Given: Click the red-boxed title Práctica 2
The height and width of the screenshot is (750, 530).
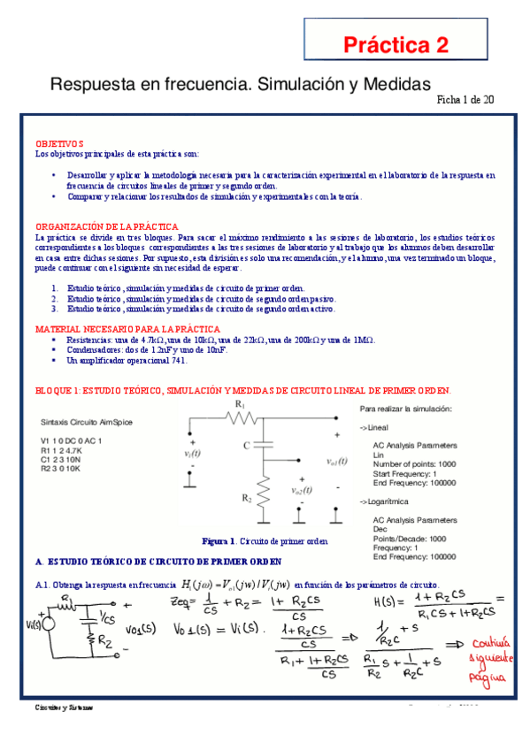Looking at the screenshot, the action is pyautogui.click(x=396, y=45).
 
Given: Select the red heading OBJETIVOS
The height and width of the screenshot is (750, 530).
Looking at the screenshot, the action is pyautogui.click(x=59, y=143).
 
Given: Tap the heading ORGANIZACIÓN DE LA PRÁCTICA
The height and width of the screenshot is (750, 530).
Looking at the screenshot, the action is pyautogui.click(x=107, y=227).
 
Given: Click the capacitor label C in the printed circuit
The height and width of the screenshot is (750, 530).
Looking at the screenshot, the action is pyautogui.click(x=246, y=445).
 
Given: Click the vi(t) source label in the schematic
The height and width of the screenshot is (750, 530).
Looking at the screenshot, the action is pyautogui.click(x=194, y=454).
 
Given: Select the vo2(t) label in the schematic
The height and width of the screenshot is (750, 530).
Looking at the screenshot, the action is pyautogui.click(x=302, y=491).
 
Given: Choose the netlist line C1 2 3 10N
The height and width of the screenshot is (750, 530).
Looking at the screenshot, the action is pyautogui.click(x=69, y=460).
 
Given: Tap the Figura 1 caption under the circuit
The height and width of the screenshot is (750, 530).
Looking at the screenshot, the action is pyautogui.click(x=265, y=540).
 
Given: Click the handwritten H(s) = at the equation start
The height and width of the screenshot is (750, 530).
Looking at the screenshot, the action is pyautogui.click(x=381, y=603).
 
